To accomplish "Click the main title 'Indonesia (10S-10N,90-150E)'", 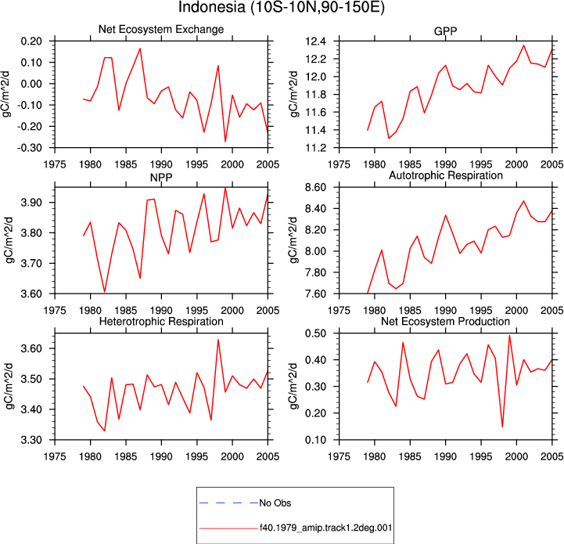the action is (x=282, y=7).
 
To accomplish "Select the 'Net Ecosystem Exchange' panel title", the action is (x=161, y=29).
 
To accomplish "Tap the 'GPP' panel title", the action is (x=445, y=31).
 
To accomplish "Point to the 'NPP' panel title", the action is (x=161, y=178).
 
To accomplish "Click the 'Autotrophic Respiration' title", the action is (x=446, y=175).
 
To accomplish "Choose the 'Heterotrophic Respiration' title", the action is (x=161, y=321).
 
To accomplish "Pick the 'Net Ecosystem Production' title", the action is (x=445, y=321).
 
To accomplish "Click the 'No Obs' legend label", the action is (x=275, y=503).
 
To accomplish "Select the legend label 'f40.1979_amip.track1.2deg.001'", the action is (x=326, y=528).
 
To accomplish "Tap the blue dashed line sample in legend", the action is (x=228, y=503).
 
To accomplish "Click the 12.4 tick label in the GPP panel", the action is (x=315, y=41).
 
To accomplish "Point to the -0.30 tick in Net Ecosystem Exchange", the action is (x=31, y=148).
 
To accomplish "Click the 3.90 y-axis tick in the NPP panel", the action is (x=31, y=202).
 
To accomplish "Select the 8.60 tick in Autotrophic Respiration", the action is (x=315, y=188).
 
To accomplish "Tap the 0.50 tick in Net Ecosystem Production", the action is (x=315, y=333).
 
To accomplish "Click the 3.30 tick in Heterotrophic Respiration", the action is (x=31, y=440).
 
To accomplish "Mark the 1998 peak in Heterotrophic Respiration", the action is (x=218, y=340).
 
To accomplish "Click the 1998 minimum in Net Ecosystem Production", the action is (x=502, y=427).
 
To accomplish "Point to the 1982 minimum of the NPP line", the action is (x=105, y=292).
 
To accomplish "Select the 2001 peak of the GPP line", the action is (x=524, y=45).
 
